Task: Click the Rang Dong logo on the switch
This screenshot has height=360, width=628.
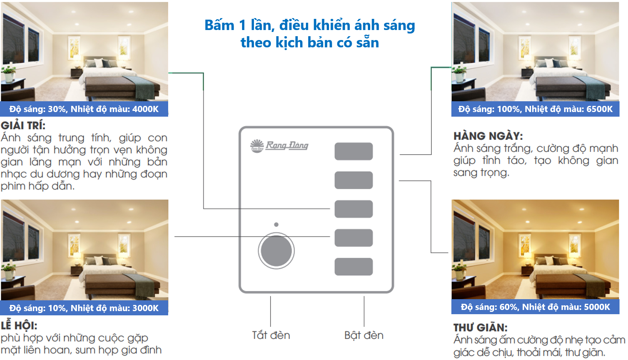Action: click(279, 146)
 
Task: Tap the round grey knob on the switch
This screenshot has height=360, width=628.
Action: click(276, 251)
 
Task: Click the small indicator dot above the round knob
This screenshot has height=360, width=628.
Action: click(276, 224)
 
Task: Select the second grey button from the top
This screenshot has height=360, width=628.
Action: click(354, 180)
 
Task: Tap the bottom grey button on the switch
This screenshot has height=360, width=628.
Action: click(354, 266)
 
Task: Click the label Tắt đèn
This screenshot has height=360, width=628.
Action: click(271, 335)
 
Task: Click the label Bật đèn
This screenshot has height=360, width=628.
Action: click(364, 335)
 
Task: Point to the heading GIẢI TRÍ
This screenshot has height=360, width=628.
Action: click(23, 126)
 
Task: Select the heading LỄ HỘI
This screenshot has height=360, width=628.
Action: click(19, 326)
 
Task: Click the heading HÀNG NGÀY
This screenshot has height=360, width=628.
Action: click(488, 136)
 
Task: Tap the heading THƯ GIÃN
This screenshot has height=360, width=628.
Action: click(481, 328)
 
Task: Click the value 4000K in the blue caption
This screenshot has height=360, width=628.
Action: click(145, 109)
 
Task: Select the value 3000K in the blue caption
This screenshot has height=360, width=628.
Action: click(145, 308)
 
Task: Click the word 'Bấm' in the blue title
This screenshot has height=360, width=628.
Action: click(219, 25)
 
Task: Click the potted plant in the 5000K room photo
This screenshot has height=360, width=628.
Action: click(459, 271)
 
